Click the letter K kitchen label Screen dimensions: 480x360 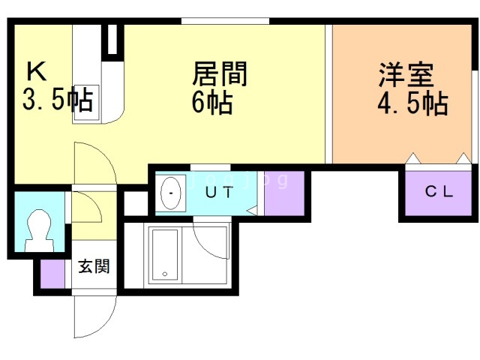point(37,71)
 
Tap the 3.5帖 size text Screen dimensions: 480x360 point(58,99)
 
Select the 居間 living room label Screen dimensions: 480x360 point(220,73)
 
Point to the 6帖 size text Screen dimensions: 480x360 point(211,103)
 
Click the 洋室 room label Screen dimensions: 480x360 point(406,75)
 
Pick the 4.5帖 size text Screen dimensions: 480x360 point(412,103)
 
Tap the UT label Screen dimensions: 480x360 point(219,192)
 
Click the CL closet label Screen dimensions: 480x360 point(439,192)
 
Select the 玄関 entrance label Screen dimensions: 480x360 point(94,266)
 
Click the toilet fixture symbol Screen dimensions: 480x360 point(39,230)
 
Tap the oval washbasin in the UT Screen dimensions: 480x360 point(171,193)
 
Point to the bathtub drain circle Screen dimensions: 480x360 point(165,274)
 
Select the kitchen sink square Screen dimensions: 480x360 point(86,103)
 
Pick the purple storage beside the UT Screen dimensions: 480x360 point(284,193)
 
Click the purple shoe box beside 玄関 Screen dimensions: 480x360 point(52,274)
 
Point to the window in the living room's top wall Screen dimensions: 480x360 point(225,21)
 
